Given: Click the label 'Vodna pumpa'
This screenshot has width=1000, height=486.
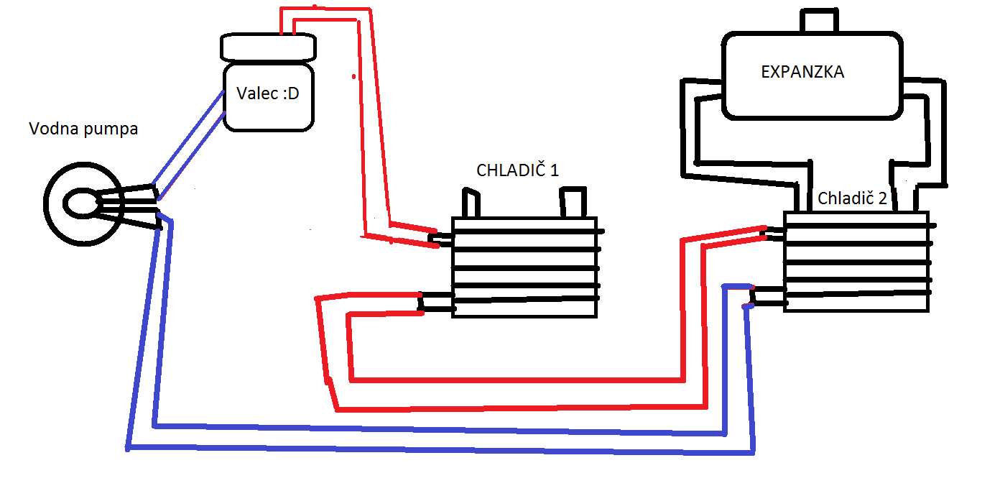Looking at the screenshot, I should (x=83, y=129).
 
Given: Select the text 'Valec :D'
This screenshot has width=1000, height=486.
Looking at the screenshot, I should (x=267, y=93).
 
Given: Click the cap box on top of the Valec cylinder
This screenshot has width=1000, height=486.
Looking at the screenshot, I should (x=268, y=47).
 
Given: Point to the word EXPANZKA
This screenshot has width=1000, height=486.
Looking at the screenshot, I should (x=802, y=73).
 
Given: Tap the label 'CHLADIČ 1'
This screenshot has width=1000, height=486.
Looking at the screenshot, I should (x=517, y=170).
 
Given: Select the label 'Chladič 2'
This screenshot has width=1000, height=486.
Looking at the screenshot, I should (x=852, y=198).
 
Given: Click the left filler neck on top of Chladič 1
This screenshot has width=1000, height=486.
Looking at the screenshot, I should (x=470, y=203).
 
